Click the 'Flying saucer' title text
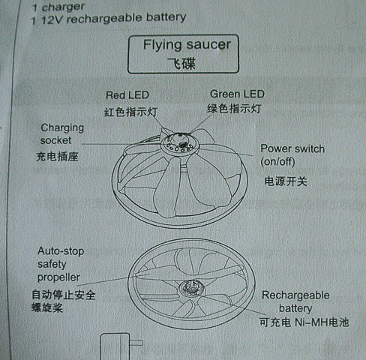187,45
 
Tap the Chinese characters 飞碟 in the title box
181,64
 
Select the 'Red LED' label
127,95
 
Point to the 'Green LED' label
237,94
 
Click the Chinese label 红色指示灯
130,112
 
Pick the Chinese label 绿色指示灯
234,109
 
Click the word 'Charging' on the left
62,128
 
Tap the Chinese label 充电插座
57,157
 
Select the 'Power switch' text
292,148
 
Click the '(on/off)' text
277,162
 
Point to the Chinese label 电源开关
286,181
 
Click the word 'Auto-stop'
61,251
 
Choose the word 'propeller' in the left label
58,277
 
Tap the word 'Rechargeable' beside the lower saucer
295,295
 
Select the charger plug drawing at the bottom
121,346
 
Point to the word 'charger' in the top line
63,7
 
